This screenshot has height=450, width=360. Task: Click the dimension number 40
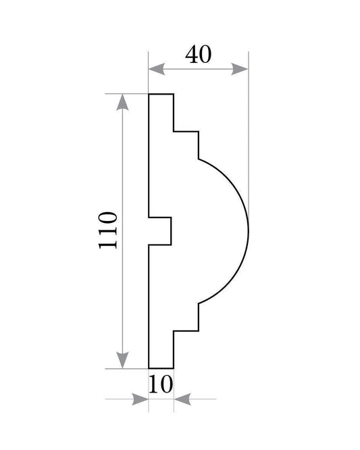[x=198, y=54]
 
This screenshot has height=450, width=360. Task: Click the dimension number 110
[x=108, y=230]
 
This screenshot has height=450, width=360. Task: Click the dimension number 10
[x=161, y=384]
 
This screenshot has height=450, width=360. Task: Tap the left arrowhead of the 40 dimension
[x=157, y=69]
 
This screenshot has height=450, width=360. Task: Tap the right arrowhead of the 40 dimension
[x=240, y=69]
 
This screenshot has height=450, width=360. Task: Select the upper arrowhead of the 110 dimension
[x=122, y=102]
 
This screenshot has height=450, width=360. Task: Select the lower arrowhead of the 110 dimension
[x=122, y=360]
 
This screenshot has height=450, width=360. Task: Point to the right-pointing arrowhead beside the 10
[x=140, y=399]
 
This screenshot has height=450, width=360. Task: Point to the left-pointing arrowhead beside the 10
[x=182, y=399]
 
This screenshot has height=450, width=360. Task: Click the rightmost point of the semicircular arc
[x=248, y=231]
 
